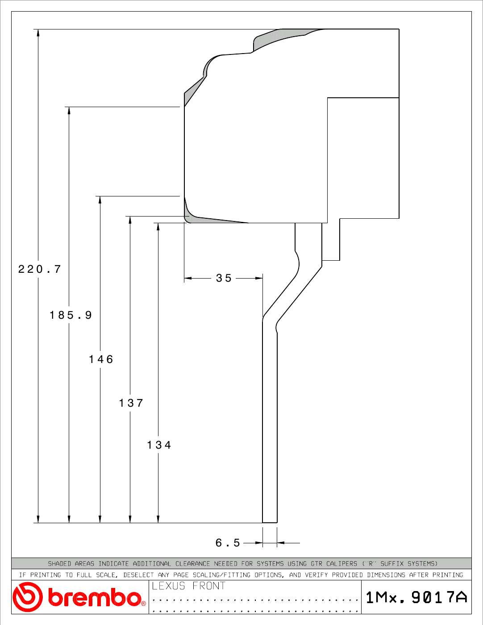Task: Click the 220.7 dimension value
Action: tap(39, 269)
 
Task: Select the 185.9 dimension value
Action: tap(71, 315)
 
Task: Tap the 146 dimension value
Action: tap(101, 359)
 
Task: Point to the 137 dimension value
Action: tap(131, 403)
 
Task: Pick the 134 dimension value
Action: tap(159, 445)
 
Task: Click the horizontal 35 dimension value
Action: tap(224, 278)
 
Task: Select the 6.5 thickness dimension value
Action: tap(227, 543)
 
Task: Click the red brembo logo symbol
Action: tap(27, 597)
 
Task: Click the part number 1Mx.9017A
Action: tap(416, 597)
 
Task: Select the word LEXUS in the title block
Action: tap(168, 586)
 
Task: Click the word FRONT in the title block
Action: tap(209, 586)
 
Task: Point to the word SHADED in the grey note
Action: tap(59, 563)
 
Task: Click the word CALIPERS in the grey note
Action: tap(341, 563)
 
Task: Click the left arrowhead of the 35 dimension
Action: tap(188, 278)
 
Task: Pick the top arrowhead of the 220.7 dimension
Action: tap(38, 33)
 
